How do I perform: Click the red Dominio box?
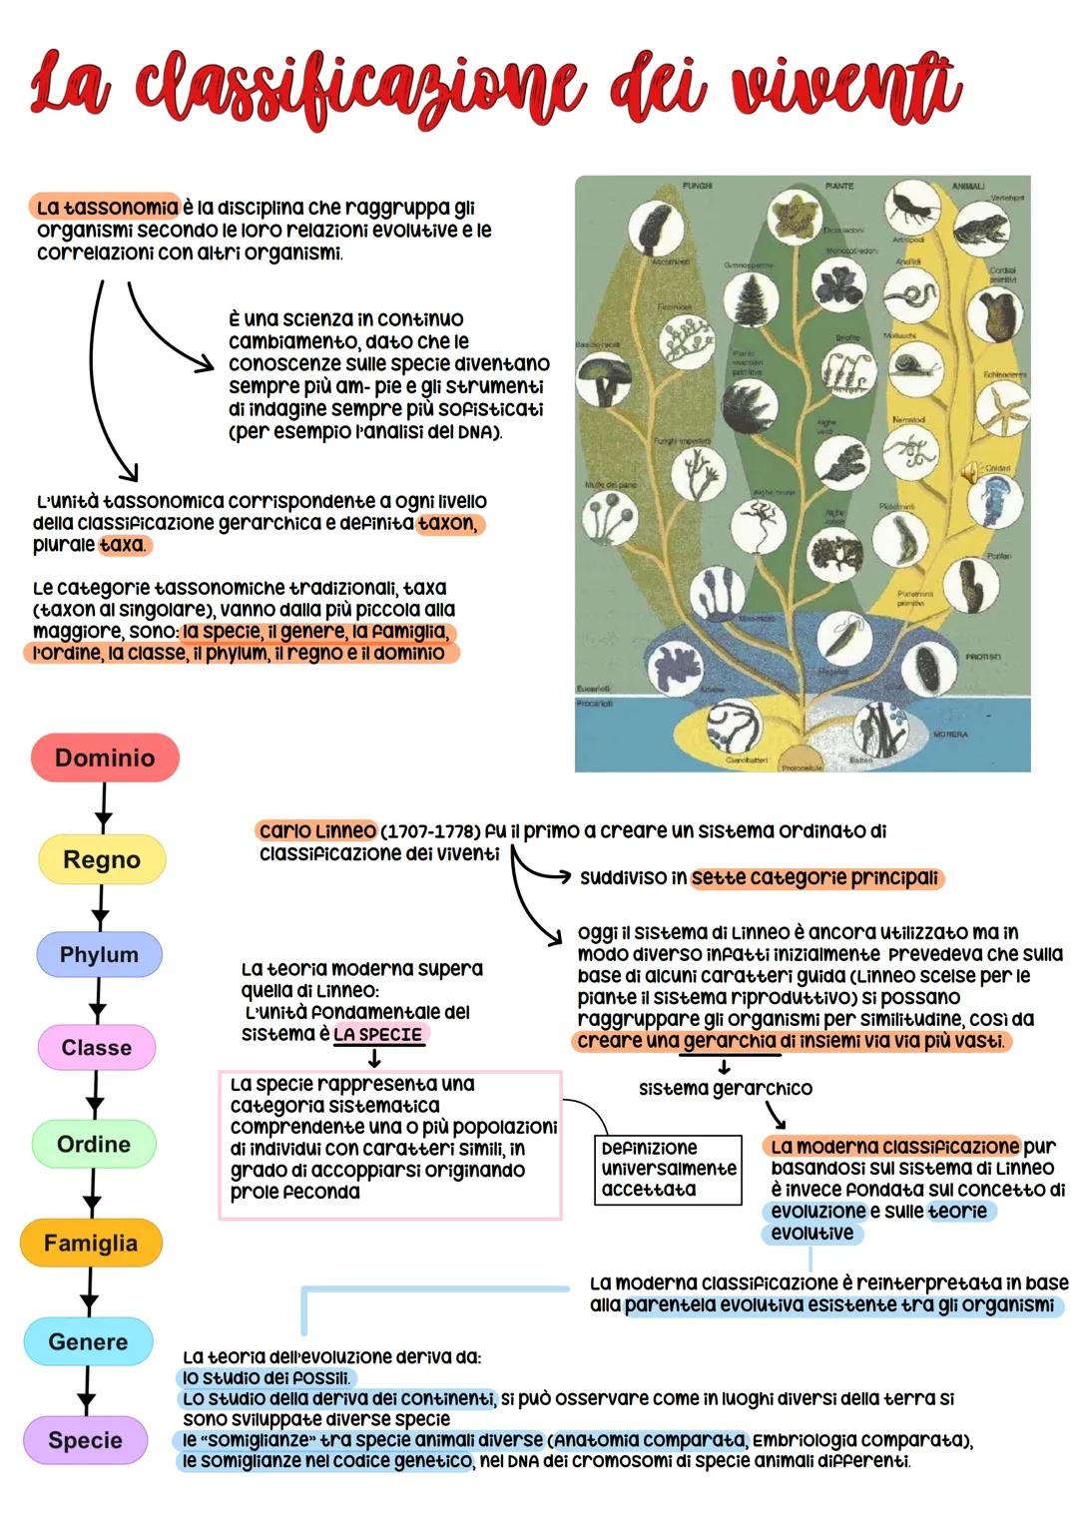[105, 758]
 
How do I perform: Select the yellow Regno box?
[102, 859]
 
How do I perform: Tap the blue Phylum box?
[99, 954]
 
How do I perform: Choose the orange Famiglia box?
[91, 1243]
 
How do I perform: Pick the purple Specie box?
[85, 1440]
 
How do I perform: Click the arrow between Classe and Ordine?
[95, 1095]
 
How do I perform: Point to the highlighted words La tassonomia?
[106, 208]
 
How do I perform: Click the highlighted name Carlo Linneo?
[316, 830]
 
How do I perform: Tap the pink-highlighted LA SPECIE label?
[378, 1034]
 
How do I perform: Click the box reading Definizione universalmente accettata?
[669, 1169]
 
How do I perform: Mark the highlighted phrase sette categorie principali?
[815, 877]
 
